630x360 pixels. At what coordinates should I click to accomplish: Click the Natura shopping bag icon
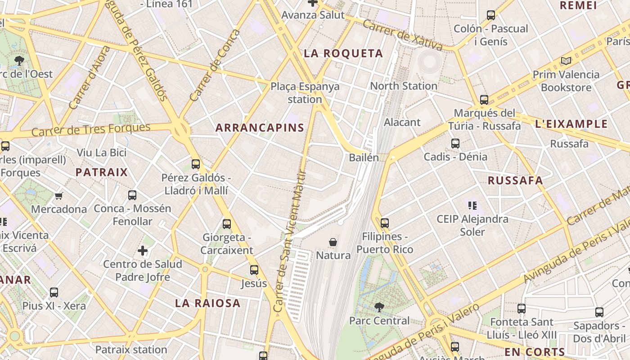point(333,242)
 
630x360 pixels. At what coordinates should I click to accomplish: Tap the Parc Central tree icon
point(379,307)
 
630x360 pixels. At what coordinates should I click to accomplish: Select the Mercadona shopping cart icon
point(58,196)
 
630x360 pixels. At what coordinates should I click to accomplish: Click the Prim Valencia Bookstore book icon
point(566,61)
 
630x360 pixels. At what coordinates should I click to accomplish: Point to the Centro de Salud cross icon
point(143,250)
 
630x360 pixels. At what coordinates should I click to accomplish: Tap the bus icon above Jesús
point(254,270)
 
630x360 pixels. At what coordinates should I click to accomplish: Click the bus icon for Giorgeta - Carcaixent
point(227,224)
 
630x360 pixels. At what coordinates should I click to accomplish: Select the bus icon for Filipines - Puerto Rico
point(384,223)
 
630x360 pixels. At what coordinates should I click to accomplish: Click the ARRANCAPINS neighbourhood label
point(260,128)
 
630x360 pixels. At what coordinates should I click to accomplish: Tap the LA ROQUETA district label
point(343,54)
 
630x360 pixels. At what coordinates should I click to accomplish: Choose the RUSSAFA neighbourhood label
point(515,180)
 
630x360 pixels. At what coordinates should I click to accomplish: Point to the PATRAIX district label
point(102,172)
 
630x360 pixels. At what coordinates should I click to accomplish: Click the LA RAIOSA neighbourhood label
point(207,303)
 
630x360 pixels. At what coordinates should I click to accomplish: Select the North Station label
point(403,86)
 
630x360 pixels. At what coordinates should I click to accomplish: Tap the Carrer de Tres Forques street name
point(91,130)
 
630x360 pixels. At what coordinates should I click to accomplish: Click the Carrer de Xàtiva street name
point(402,35)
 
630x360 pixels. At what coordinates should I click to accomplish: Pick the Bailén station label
point(364,157)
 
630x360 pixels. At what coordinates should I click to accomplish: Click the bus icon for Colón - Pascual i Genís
point(491,15)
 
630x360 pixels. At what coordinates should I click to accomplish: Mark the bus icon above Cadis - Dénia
point(455,144)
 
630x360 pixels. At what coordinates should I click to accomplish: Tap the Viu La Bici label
point(102,153)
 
